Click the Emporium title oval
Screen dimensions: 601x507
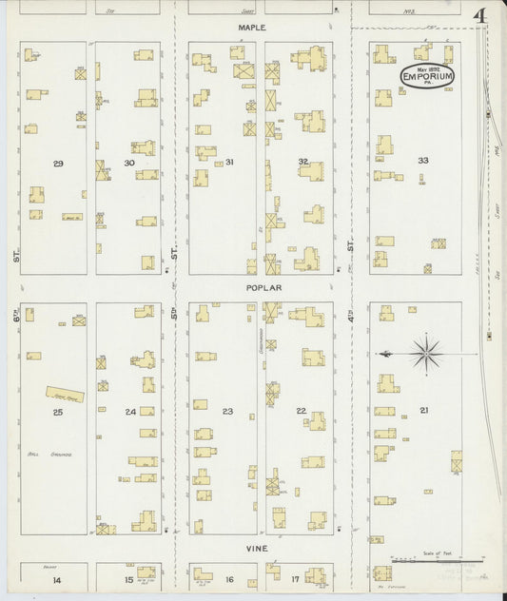pyautogui.click(x=427, y=75)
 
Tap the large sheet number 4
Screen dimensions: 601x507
pyautogui.click(x=480, y=17)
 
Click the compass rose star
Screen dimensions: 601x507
pyautogui.click(x=427, y=354)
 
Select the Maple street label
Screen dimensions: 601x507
pyautogui.click(x=253, y=29)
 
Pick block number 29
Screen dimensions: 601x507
pyautogui.click(x=58, y=165)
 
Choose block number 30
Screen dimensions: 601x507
pyautogui.click(x=129, y=164)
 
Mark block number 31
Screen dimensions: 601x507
pyautogui.click(x=229, y=162)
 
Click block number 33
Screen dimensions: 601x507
pyautogui.click(x=422, y=160)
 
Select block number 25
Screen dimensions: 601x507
pyautogui.click(x=58, y=412)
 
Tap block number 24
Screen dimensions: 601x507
pyautogui.click(x=130, y=412)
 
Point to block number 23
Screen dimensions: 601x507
pyautogui.click(x=227, y=411)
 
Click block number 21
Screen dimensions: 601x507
pyautogui.click(x=423, y=410)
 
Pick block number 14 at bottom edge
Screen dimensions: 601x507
pyautogui.click(x=57, y=579)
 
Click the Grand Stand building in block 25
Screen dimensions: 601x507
pyautogui.click(x=66, y=393)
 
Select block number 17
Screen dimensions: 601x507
pyautogui.click(x=295, y=579)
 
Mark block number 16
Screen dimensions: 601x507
pyautogui.click(x=229, y=579)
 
